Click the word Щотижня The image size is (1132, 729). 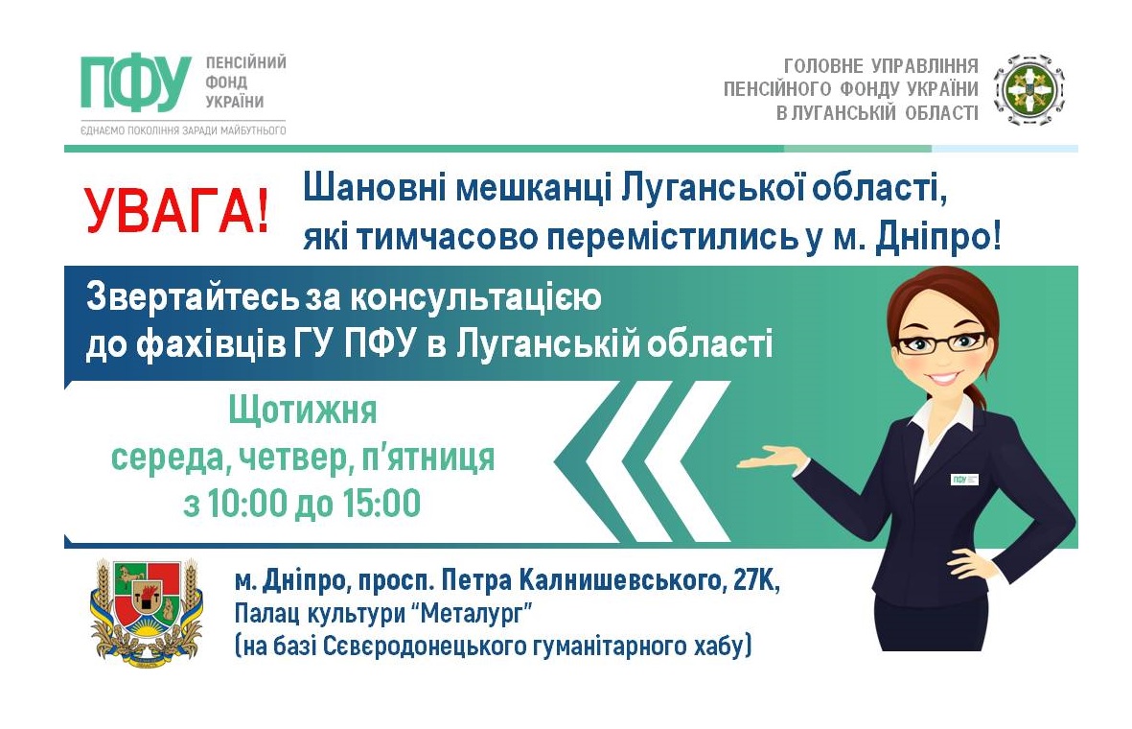tap(303, 411)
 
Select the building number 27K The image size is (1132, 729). tap(756, 580)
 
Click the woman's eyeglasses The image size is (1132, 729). tap(941, 342)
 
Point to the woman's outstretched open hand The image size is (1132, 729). tap(770, 459)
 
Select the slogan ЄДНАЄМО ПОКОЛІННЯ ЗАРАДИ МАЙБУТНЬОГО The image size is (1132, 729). tap(183, 130)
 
